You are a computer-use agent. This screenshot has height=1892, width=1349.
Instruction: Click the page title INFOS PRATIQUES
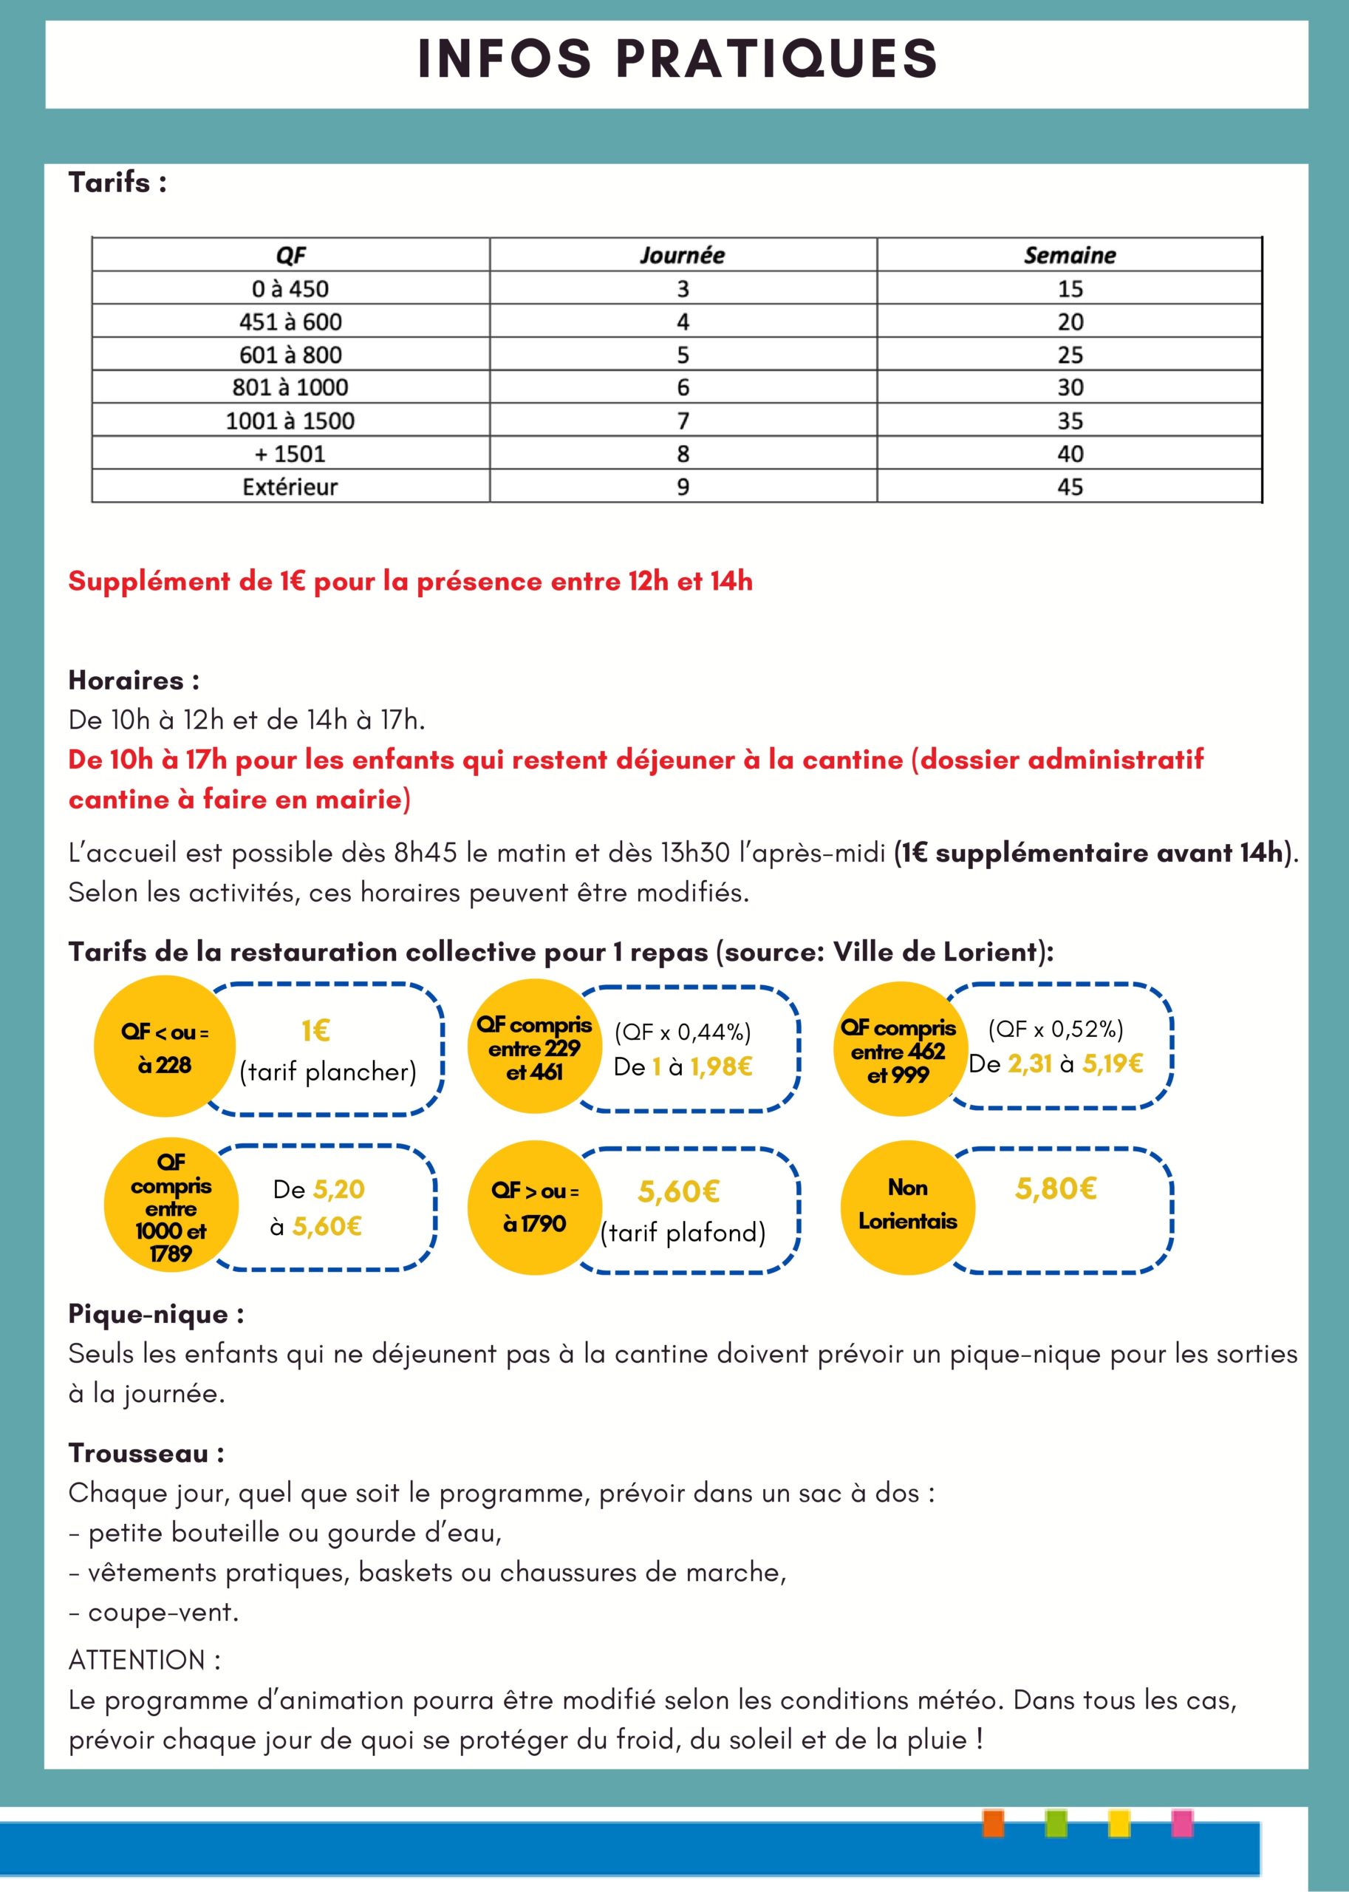coord(677,59)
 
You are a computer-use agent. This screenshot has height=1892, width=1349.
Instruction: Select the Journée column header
coord(682,255)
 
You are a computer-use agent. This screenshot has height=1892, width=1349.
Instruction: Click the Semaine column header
coord(1069,255)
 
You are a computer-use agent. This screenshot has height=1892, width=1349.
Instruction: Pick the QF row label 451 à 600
coord(290,321)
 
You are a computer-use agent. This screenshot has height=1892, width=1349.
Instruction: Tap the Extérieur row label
coord(290,487)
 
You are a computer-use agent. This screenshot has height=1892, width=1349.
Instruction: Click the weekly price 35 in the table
coord(1070,421)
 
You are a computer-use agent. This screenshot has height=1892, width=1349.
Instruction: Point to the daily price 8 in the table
coord(683,454)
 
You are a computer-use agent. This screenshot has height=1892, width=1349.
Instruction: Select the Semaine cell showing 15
coord(1070,289)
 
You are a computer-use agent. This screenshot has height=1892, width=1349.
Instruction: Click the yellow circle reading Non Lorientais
coord(907,1208)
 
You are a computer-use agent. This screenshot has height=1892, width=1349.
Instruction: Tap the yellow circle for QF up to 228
coord(165,1049)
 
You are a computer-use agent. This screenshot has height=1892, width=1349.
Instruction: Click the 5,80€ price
coord(1056,1189)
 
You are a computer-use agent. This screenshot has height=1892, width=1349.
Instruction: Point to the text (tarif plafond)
coord(683,1232)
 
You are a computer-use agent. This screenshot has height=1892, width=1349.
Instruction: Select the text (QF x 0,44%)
coord(683,1032)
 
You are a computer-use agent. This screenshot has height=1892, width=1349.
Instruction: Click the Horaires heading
coord(134,681)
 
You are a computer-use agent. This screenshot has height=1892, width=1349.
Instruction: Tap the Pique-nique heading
coord(156,1315)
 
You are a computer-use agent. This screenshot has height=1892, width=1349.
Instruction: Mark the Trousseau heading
coord(146,1453)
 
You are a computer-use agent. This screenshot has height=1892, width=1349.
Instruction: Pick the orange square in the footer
coord(993,1824)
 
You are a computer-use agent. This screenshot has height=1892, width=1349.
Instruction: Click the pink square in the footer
coord(1181,1824)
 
